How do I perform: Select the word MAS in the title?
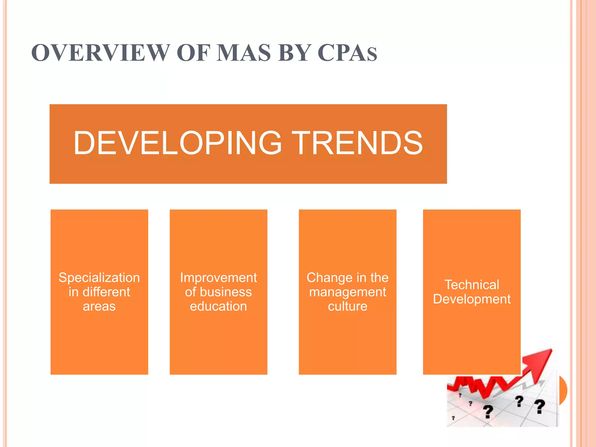click(x=244, y=53)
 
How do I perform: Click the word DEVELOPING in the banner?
click(x=178, y=143)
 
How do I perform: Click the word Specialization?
click(x=99, y=278)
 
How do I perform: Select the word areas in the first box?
click(x=99, y=306)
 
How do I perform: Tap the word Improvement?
click(x=218, y=278)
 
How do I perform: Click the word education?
click(x=218, y=306)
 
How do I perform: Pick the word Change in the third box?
click(x=327, y=278)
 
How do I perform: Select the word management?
click(x=347, y=292)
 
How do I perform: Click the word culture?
click(x=347, y=306)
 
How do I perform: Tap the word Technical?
click(x=472, y=285)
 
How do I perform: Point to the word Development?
click(x=472, y=299)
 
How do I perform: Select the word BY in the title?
click(x=293, y=53)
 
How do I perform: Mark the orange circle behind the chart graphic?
click(x=563, y=390)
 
